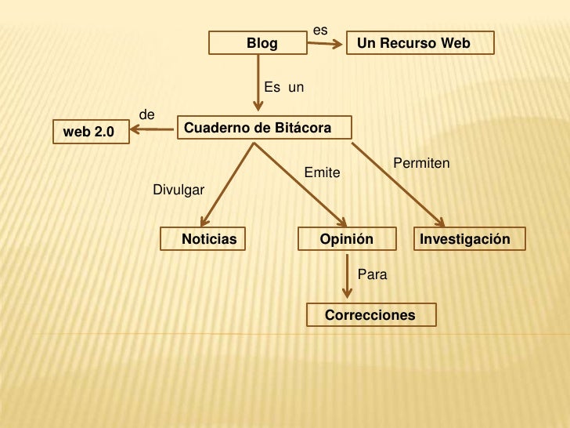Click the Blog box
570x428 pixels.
click(x=258, y=44)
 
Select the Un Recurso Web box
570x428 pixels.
click(x=420, y=43)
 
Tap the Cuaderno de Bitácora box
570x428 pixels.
click(x=264, y=128)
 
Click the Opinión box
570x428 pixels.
click(x=345, y=239)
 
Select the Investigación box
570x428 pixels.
click(x=469, y=239)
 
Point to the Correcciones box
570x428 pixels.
click(x=370, y=315)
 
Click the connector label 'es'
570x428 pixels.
click(x=319, y=30)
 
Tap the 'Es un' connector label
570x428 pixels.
click(x=283, y=86)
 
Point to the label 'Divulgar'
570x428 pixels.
click(x=179, y=190)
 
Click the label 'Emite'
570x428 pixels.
click(x=322, y=172)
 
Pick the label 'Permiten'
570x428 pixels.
click(x=421, y=163)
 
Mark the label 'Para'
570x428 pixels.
click(x=372, y=274)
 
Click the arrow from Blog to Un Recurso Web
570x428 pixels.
click(x=324, y=43)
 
